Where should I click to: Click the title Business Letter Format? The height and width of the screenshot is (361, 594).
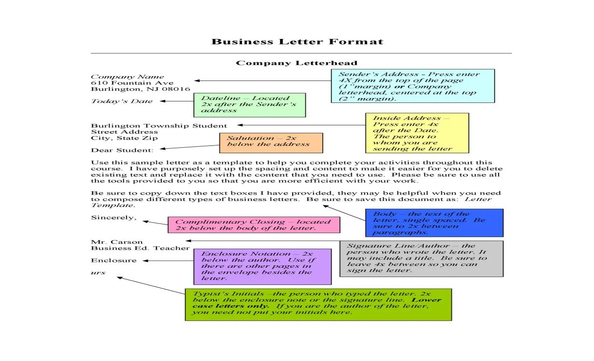tap(297, 41)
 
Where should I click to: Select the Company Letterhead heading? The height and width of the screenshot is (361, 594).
tap(297, 63)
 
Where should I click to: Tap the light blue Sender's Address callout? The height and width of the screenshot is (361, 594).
tap(412, 86)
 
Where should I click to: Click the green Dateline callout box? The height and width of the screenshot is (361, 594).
tap(249, 105)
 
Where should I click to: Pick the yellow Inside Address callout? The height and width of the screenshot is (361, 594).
tap(417, 133)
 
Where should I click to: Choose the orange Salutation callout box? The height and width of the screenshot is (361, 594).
tap(271, 142)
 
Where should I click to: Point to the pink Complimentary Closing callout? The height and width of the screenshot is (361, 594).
tap(253, 225)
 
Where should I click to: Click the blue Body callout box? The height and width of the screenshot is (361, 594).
tap(434, 223)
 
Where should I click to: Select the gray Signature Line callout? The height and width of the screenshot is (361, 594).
tap(421, 259)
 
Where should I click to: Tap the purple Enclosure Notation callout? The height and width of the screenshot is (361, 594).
tap(262, 266)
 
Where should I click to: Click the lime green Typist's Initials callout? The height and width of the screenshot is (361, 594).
tap(318, 304)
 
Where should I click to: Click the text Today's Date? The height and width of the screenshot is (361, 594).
tap(122, 101)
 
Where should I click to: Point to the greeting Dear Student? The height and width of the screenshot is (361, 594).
tap(122, 150)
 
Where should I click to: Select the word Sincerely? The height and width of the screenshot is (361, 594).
tap(114, 218)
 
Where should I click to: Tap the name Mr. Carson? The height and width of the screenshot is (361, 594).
tap(117, 242)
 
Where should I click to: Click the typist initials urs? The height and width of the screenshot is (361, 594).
tap(98, 273)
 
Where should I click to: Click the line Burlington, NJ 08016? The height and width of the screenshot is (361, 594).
tap(140, 89)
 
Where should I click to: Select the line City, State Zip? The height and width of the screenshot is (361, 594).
tap(121, 138)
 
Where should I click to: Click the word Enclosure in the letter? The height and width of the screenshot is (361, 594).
tap(114, 261)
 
